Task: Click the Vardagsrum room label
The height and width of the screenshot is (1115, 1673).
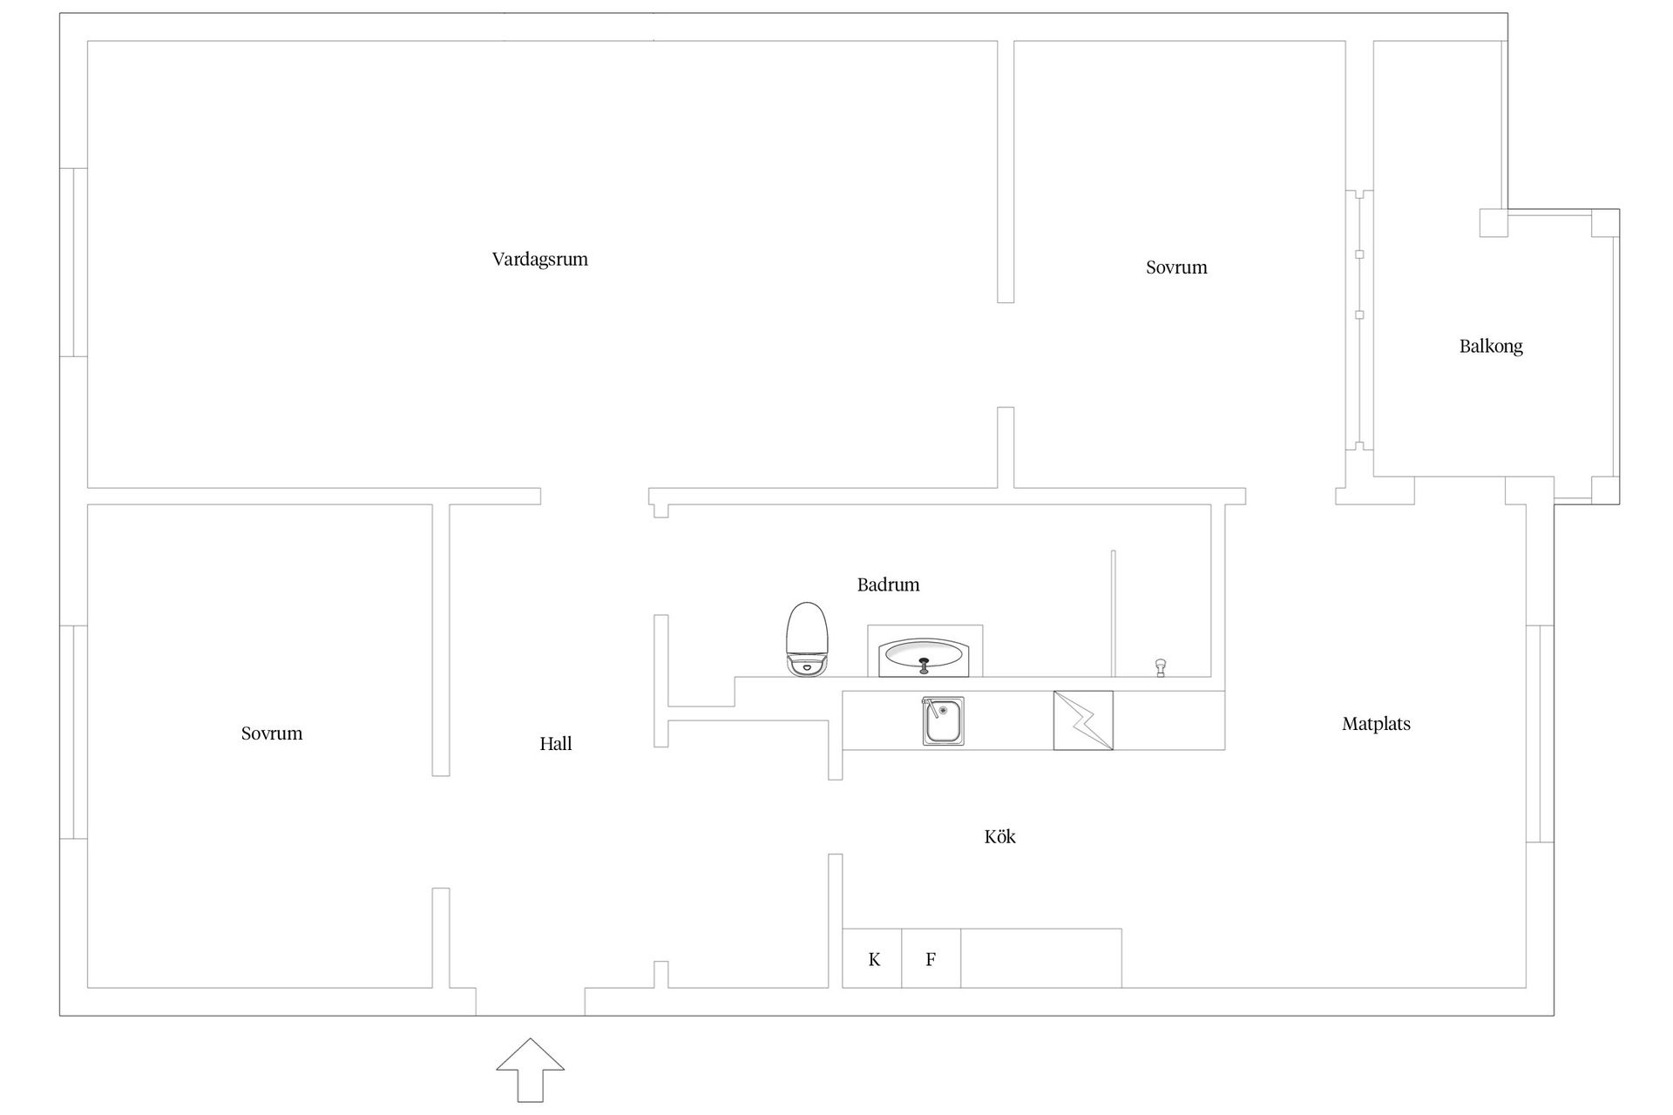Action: [539, 260]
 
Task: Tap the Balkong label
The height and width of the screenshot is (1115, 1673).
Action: [1491, 347]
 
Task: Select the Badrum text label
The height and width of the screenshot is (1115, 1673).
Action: [888, 585]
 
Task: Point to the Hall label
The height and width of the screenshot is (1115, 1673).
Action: [556, 744]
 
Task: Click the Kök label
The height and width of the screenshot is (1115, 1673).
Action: [999, 836]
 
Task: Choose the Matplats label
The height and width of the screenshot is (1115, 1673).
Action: [1376, 724]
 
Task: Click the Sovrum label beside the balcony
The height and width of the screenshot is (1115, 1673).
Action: [1176, 267]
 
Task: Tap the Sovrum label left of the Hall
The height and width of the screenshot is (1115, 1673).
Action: [272, 733]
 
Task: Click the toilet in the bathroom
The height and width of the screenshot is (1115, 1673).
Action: [807, 639]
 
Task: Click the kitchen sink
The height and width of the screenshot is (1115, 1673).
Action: [944, 721]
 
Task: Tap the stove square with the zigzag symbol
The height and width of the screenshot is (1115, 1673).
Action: [1083, 720]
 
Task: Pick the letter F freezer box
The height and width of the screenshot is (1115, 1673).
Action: [931, 958]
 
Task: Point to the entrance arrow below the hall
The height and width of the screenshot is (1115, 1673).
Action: [531, 1070]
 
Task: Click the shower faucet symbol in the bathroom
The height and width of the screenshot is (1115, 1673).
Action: [1161, 668]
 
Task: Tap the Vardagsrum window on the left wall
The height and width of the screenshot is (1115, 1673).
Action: [74, 262]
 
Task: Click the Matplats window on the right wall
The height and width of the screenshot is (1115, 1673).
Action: [1540, 733]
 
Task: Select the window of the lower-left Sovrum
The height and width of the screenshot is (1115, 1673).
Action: [74, 732]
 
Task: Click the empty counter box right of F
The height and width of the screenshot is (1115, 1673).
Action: [1041, 958]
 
